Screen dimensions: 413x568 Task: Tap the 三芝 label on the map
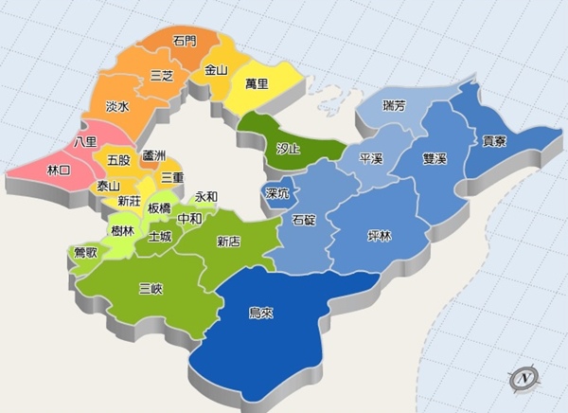(x=162, y=77)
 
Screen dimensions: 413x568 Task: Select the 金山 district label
(x=216, y=70)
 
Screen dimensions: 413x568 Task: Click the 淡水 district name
(x=117, y=108)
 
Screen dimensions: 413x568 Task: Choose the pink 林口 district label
(x=58, y=170)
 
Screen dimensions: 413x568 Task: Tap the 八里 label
(x=84, y=142)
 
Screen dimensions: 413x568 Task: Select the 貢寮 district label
(x=494, y=141)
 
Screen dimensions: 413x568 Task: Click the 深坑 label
(x=277, y=194)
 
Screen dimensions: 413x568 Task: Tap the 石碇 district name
(x=304, y=220)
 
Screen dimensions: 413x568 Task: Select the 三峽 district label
(x=151, y=288)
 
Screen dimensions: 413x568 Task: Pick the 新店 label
(x=228, y=242)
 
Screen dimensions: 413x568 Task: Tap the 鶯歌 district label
(x=85, y=253)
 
